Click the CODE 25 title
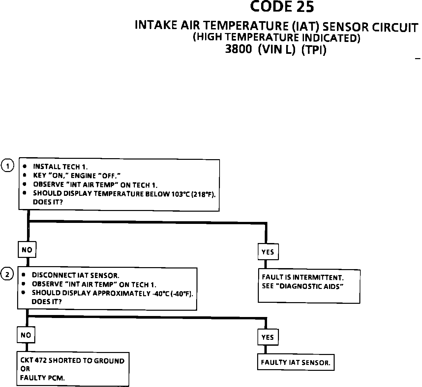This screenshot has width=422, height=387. point(282,7)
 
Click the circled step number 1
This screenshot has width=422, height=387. point(8,166)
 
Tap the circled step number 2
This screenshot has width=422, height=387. point(8,274)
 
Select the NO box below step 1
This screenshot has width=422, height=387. point(27,250)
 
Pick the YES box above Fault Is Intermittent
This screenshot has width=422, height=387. point(267,252)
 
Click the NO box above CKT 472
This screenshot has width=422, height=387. point(26,335)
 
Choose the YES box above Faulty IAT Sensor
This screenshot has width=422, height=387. point(267,337)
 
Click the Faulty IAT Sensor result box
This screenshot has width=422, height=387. point(295,363)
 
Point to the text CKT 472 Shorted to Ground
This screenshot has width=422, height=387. point(72,361)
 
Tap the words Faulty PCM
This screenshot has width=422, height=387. point(42,378)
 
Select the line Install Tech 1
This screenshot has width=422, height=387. point(60,167)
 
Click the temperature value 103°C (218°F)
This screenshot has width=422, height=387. point(193,194)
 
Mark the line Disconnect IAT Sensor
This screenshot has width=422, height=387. point(75,275)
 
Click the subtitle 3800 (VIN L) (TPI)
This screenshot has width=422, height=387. point(276,50)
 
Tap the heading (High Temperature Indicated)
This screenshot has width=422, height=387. point(276,37)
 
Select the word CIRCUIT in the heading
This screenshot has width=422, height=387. point(395,27)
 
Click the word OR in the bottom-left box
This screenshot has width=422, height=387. point(25,369)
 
